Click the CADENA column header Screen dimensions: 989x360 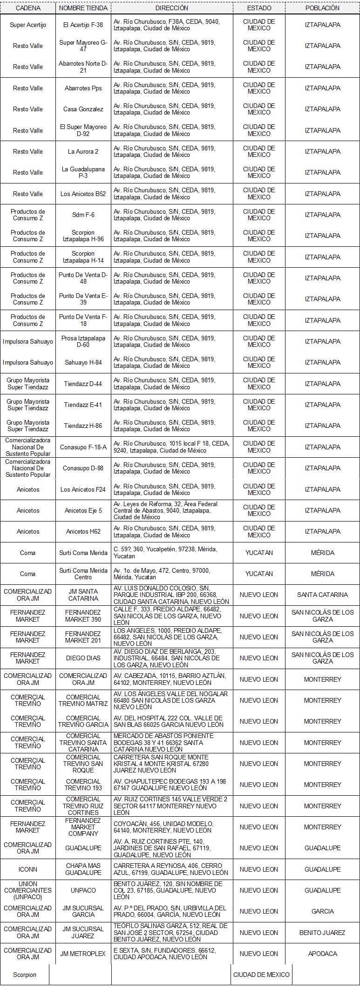(x=28, y=8)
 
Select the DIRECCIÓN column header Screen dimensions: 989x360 (x=172, y=8)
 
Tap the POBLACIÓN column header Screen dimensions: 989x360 (x=322, y=8)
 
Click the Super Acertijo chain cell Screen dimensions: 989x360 (x=28, y=25)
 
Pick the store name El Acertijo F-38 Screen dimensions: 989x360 (x=83, y=25)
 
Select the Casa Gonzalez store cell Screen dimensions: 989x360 (x=83, y=109)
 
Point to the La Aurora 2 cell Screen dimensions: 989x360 (x=83, y=152)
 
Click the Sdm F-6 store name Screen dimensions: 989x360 (x=83, y=215)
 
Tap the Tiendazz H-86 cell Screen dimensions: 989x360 (x=83, y=426)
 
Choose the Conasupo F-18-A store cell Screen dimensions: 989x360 (x=83, y=447)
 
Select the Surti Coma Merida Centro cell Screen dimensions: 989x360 (x=83, y=574)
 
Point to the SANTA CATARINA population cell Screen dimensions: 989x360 (x=322, y=595)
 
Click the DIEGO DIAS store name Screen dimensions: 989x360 (x=83, y=658)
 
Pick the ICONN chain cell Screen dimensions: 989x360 (x=28, y=869)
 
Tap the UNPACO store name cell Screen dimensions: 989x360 (x=83, y=890)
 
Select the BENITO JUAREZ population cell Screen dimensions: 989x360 (x=322, y=933)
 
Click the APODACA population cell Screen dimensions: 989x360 (x=322, y=954)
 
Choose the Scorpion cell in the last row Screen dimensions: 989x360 (x=25, y=975)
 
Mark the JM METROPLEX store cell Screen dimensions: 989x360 (x=83, y=954)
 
